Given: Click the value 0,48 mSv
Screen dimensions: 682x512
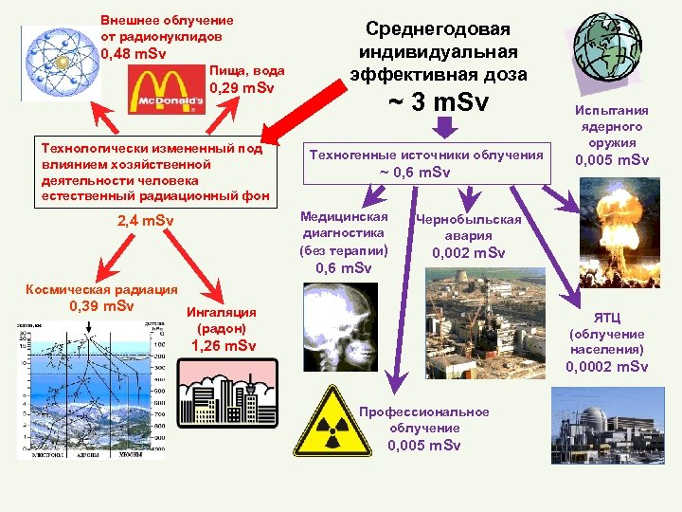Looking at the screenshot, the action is coord(134,53).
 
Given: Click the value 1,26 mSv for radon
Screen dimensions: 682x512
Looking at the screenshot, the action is coord(224,345).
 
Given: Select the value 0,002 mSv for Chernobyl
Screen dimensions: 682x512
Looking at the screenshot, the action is coord(469,253).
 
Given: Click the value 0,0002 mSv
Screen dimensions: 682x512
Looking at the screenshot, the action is coord(607,367).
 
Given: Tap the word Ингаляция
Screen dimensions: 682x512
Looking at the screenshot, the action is coord(223,311).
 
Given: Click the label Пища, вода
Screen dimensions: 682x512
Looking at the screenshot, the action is coord(246,71).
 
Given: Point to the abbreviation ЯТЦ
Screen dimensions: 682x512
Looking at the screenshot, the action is coord(607,318).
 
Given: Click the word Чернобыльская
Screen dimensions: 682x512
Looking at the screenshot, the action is coord(469,219).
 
